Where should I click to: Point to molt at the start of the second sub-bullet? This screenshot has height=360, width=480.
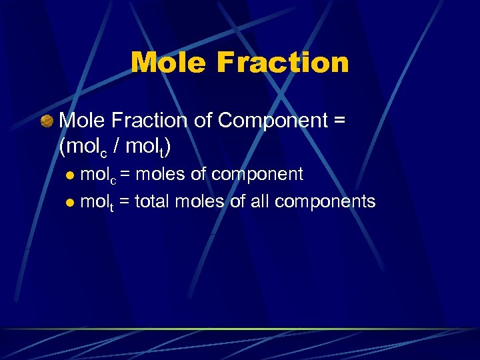[x=97, y=202]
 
